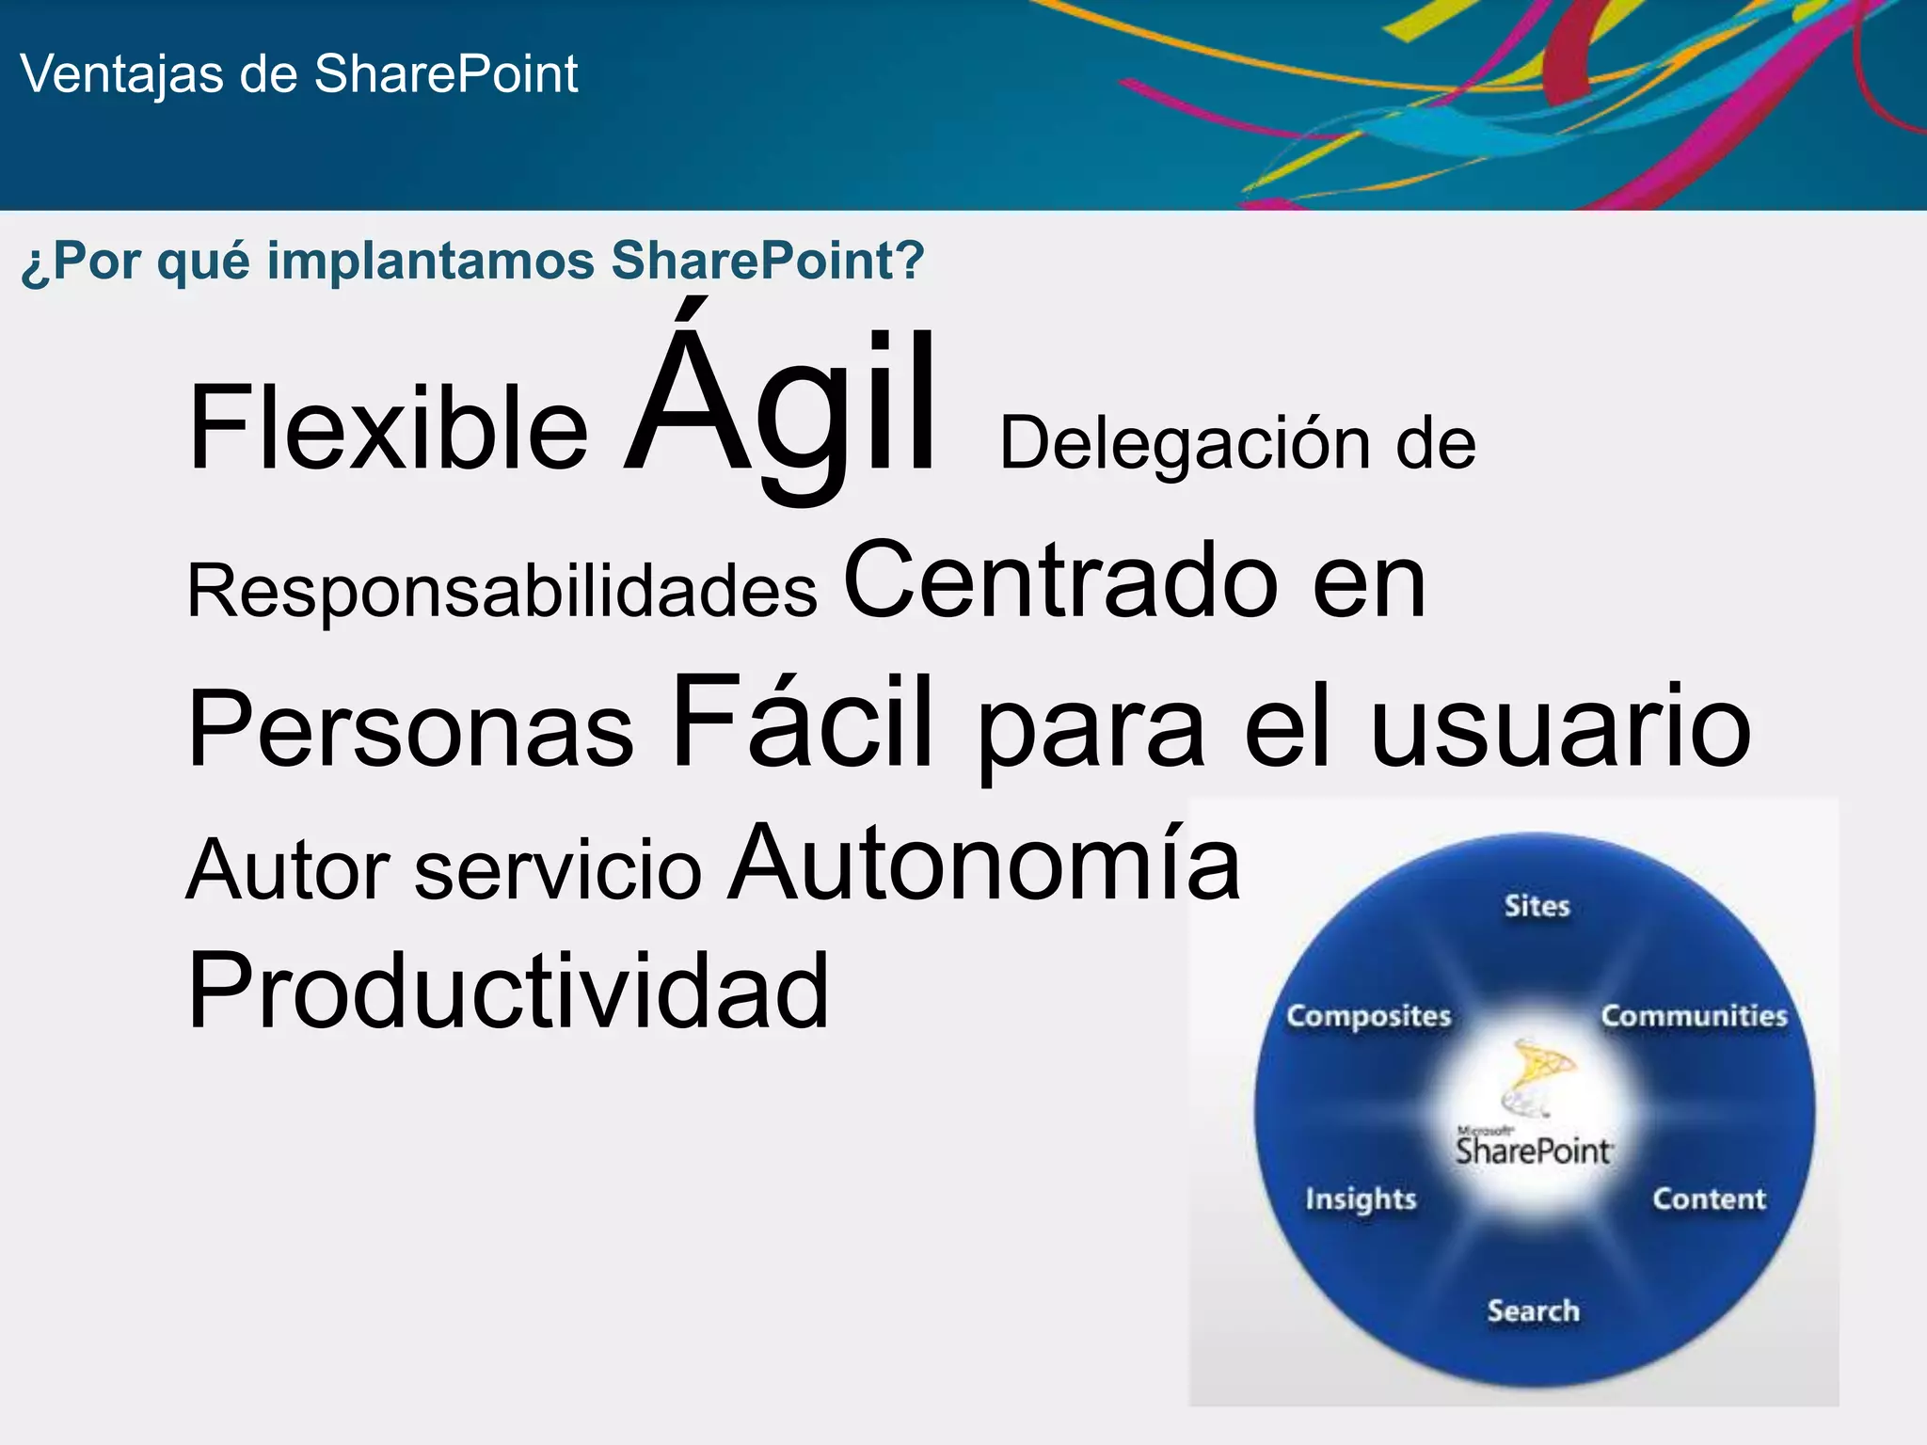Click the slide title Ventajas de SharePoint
(298, 74)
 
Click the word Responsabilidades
(502, 592)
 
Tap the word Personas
(411, 729)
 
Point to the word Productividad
(508, 992)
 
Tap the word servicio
(558, 870)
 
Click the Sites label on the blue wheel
(1537, 906)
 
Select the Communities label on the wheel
(1694, 1016)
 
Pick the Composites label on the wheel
(1368, 1016)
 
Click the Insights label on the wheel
(1360, 1199)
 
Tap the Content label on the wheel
(1709, 1199)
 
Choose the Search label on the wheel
(1533, 1310)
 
